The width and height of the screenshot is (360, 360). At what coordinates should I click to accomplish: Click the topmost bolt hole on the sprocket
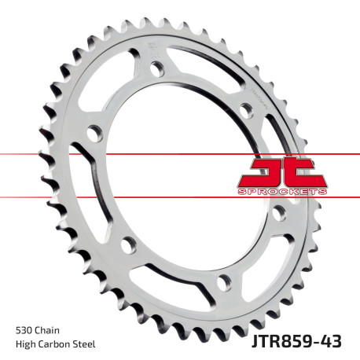[x=157, y=67]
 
